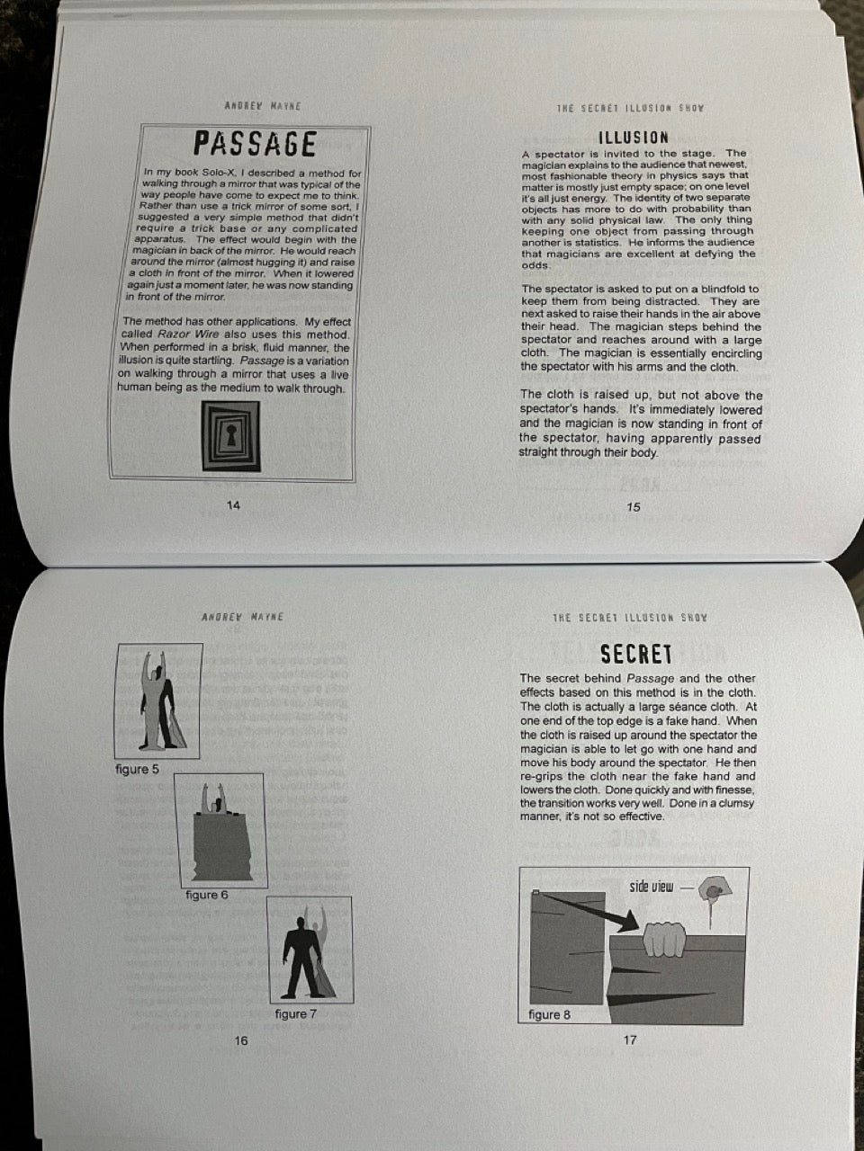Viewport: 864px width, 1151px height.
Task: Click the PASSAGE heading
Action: tap(255, 144)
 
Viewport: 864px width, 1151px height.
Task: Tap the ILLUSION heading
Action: tap(634, 138)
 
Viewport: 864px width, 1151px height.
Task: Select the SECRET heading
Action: tap(635, 655)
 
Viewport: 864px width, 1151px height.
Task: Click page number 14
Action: tap(233, 505)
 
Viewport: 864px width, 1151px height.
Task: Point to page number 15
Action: tap(634, 507)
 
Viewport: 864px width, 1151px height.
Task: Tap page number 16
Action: tap(241, 1041)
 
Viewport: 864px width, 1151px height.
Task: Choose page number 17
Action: tap(630, 1039)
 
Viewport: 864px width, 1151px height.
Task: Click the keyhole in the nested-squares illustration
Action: tap(230, 434)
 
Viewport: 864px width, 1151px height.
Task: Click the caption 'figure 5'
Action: tap(137, 769)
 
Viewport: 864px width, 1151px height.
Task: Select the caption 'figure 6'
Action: tap(207, 895)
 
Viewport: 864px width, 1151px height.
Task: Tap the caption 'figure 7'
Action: tap(296, 1013)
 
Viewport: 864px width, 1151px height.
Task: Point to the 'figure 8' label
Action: tap(549, 1014)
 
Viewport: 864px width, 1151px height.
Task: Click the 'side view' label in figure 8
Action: tap(651, 887)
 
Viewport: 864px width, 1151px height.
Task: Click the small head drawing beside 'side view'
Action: tap(715, 891)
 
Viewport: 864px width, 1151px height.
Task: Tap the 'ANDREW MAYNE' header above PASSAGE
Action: tap(263, 106)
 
